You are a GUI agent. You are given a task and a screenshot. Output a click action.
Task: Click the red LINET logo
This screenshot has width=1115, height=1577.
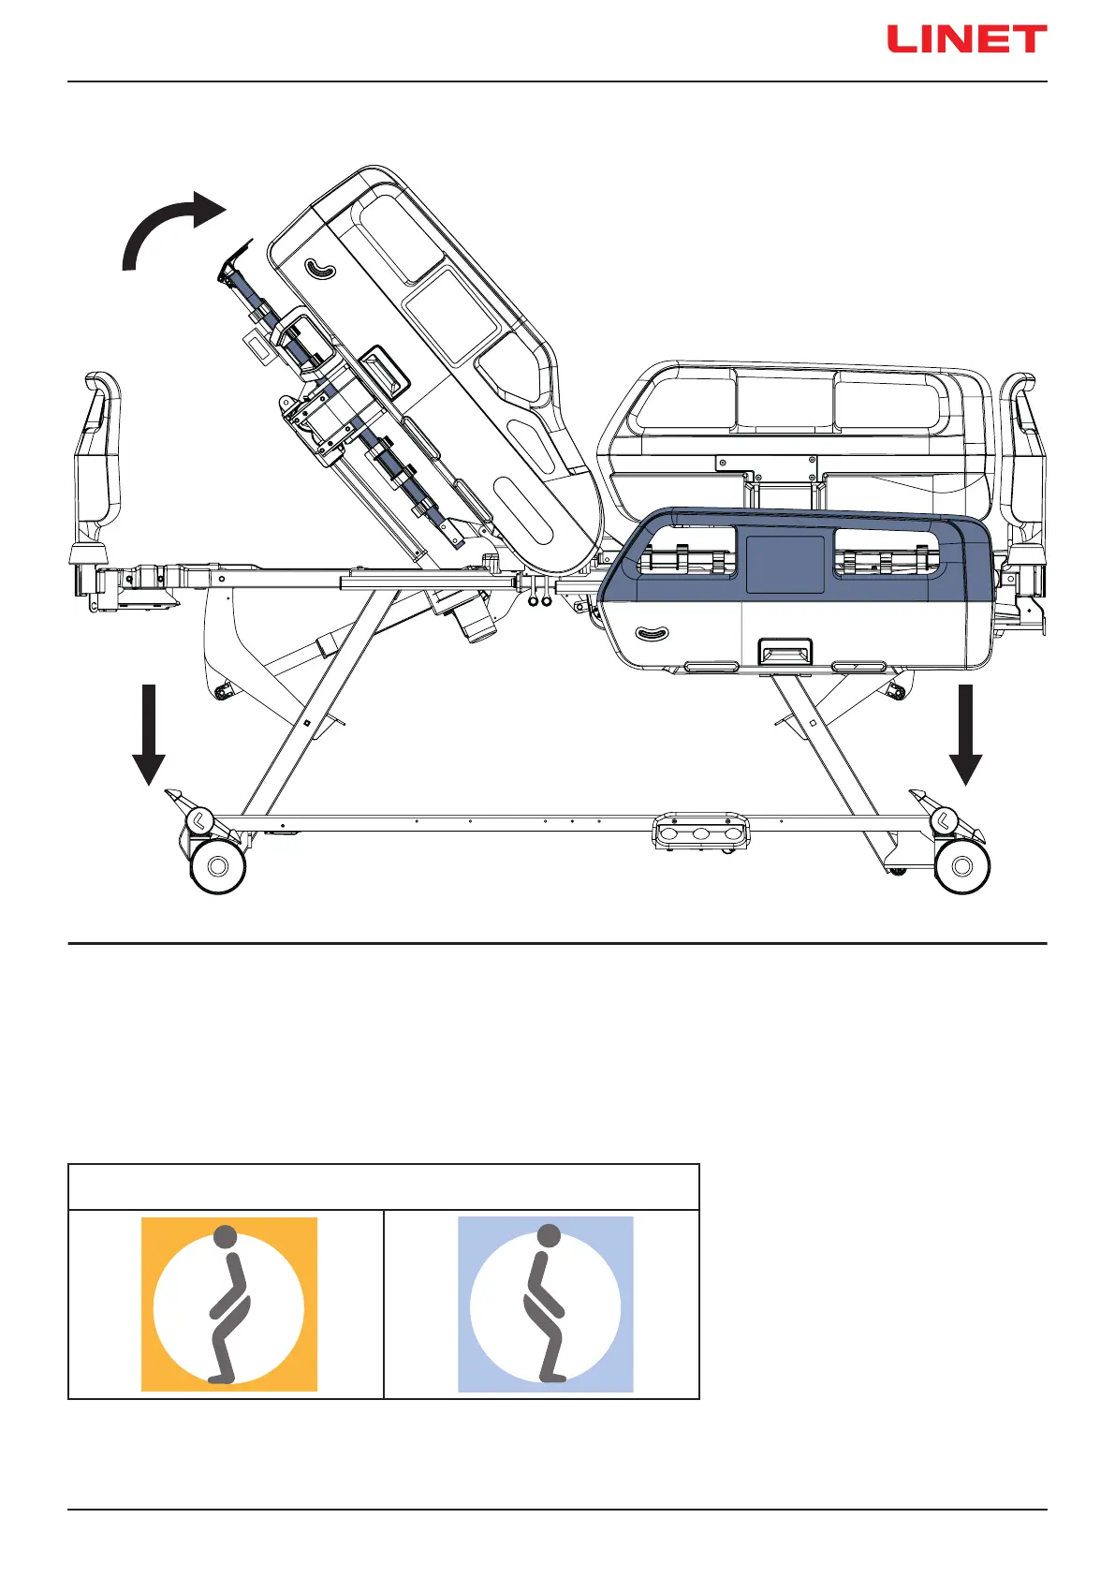[x=966, y=39]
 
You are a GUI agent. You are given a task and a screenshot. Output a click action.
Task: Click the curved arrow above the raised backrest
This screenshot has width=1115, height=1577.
[x=169, y=228]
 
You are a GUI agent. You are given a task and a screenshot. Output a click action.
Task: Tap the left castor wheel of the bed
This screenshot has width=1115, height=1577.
[x=218, y=866]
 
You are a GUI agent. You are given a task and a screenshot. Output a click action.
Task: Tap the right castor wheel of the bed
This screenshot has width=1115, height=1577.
[x=961, y=866]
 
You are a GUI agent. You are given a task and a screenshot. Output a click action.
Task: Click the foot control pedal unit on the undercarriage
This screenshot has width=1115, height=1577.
[x=701, y=832]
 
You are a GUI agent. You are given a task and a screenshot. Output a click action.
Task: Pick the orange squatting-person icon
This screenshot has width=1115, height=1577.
[x=228, y=1304]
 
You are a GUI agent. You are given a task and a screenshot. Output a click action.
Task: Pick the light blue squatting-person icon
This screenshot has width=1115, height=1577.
[x=545, y=1304]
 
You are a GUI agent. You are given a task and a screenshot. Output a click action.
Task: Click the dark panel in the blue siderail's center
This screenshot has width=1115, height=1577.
[x=785, y=564]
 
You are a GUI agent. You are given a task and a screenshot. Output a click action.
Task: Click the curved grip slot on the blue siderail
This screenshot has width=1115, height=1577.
[x=653, y=634]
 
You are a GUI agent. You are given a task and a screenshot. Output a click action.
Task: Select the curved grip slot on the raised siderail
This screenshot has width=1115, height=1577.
[x=320, y=270]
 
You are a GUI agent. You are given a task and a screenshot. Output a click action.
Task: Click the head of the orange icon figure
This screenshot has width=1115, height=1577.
[x=225, y=1236]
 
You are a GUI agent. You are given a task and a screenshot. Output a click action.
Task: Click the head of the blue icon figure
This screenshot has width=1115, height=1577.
[x=550, y=1236]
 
